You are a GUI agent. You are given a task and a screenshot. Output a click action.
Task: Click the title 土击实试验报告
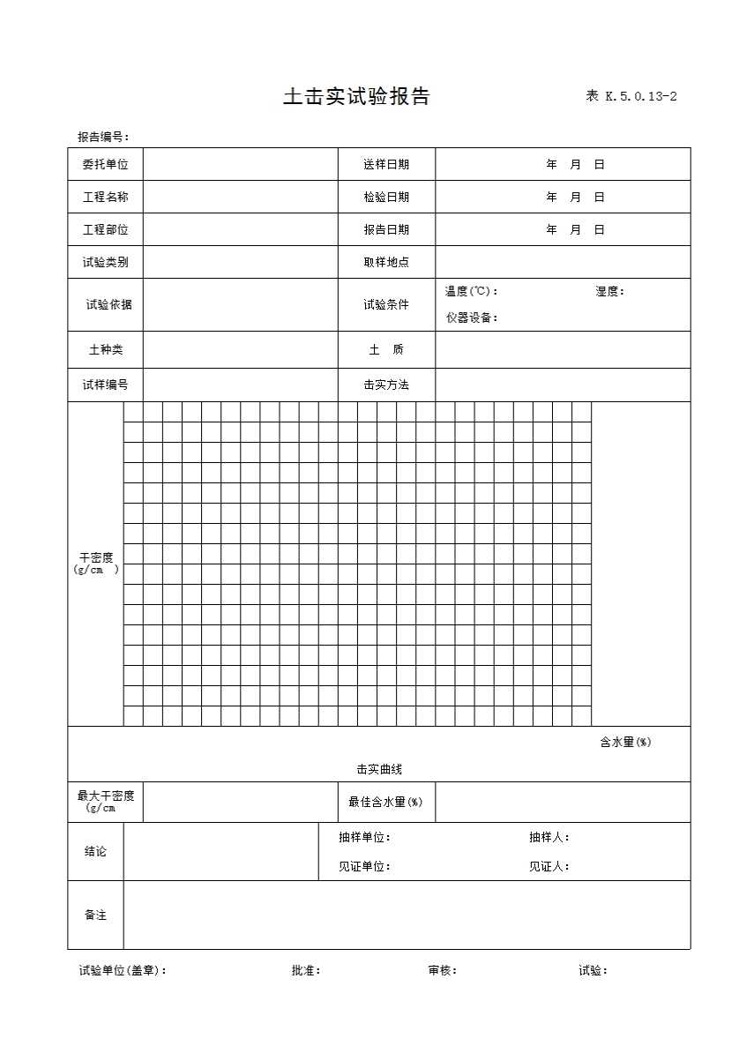click(x=356, y=97)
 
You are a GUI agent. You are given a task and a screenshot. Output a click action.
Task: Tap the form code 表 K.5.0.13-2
click(x=631, y=97)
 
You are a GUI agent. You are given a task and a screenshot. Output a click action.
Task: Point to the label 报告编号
click(x=103, y=137)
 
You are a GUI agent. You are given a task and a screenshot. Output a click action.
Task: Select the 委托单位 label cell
click(x=106, y=164)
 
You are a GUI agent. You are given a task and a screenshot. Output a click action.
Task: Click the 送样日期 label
click(x=386, y=164)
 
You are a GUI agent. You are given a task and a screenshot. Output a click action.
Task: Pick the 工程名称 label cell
click(x=106, y=197)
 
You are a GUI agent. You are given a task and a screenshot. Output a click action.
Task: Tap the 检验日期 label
click(x=386, y=197)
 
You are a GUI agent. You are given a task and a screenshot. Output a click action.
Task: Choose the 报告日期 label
click(x=386, y=229)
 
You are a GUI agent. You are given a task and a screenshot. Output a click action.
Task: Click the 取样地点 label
click(x=386, y=262)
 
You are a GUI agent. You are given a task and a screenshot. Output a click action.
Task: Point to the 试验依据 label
click(x=108, y=304)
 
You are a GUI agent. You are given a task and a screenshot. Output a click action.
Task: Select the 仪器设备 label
click(x=472, y=318)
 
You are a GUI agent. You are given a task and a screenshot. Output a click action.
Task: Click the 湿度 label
click(x=609, y=292)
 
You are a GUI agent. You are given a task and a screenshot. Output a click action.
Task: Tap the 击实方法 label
click(x=386, y=385)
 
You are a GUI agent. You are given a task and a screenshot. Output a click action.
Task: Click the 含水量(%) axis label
click(x=625, y=742)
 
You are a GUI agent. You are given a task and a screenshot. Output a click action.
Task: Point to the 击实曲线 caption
click(x=379, y=769)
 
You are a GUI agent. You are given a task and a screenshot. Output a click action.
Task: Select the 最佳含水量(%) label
click(x=385, y=802)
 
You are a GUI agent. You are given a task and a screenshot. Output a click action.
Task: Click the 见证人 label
click(x=549, y=866)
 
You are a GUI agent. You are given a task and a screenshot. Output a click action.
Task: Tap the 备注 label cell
click(x=95, y=915)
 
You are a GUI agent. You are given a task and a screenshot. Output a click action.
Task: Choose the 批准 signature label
click(x=306, y=970)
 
